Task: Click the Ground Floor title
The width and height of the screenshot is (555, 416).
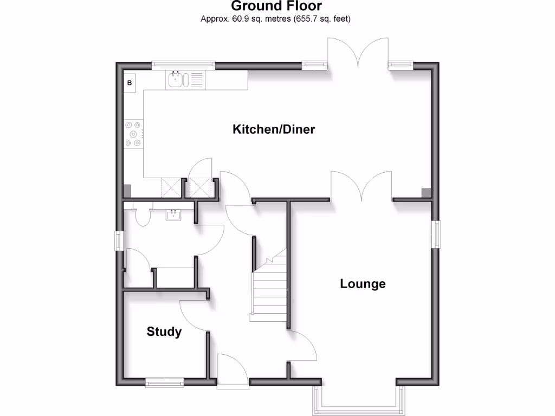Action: point(276,6)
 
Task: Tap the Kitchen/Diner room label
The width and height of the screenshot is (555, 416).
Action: point(274,129)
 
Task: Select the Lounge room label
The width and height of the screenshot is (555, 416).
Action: point(363,284)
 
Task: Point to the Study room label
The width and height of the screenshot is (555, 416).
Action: point(164,331)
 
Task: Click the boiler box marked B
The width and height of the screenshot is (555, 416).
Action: point(130,83)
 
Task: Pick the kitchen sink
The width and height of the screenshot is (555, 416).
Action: point(177,80)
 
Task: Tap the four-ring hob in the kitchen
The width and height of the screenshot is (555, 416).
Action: point(133,133)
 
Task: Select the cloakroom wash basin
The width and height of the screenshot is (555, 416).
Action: point(174,215)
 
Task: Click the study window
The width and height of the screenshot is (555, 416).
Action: point(165,383)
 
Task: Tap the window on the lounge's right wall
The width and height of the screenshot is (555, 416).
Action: point(435,234)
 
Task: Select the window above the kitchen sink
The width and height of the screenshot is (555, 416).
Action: point(183,65)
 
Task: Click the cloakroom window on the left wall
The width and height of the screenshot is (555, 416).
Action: point(118,240)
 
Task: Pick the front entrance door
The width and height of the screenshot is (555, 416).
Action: point(227,370)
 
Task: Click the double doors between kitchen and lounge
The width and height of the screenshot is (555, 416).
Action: point(362,187)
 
